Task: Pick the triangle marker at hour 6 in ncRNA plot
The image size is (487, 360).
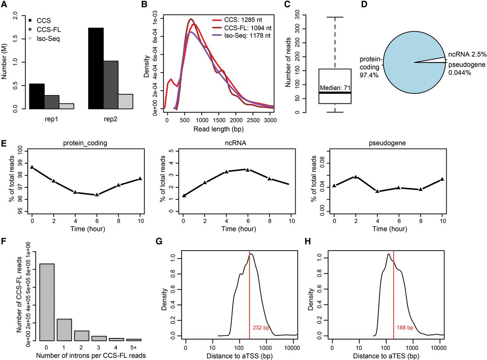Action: click(x=248, y=170)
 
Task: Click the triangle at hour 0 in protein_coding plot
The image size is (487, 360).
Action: click(x=32, y=167)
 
